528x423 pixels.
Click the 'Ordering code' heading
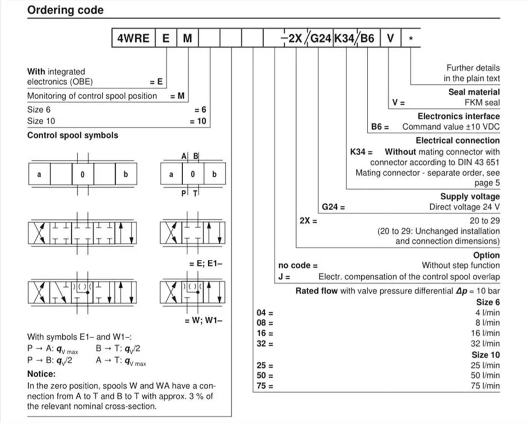(65, 10)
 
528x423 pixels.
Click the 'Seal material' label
(474, 92)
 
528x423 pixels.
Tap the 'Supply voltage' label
(470, 196)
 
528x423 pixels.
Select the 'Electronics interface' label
(459, 116)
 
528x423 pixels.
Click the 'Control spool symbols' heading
(73, 135)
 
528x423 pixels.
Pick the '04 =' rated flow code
(265, 313)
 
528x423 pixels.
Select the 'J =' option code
(284, 277)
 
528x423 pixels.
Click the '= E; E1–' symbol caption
(205, 264)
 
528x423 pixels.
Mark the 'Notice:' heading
(42, 374)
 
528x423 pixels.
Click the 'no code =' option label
(298, 266)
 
